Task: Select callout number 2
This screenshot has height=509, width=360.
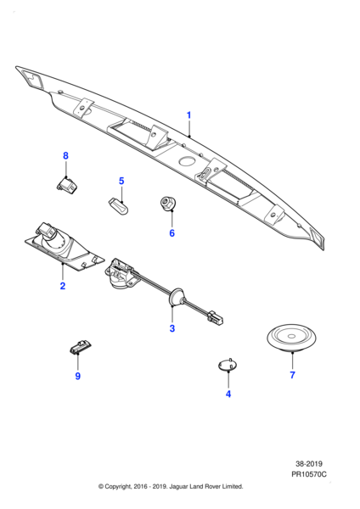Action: coord(62,287)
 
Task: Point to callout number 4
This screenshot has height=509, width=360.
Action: coord(228,394)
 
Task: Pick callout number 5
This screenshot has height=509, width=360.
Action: coord(121,181)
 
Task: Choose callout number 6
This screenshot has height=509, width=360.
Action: coord(171,232)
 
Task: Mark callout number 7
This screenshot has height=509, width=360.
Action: coord(292,374)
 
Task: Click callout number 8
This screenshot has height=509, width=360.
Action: coord(65,155)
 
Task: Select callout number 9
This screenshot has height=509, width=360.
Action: coord(77,376)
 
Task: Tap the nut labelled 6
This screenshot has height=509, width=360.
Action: coord(169,204)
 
